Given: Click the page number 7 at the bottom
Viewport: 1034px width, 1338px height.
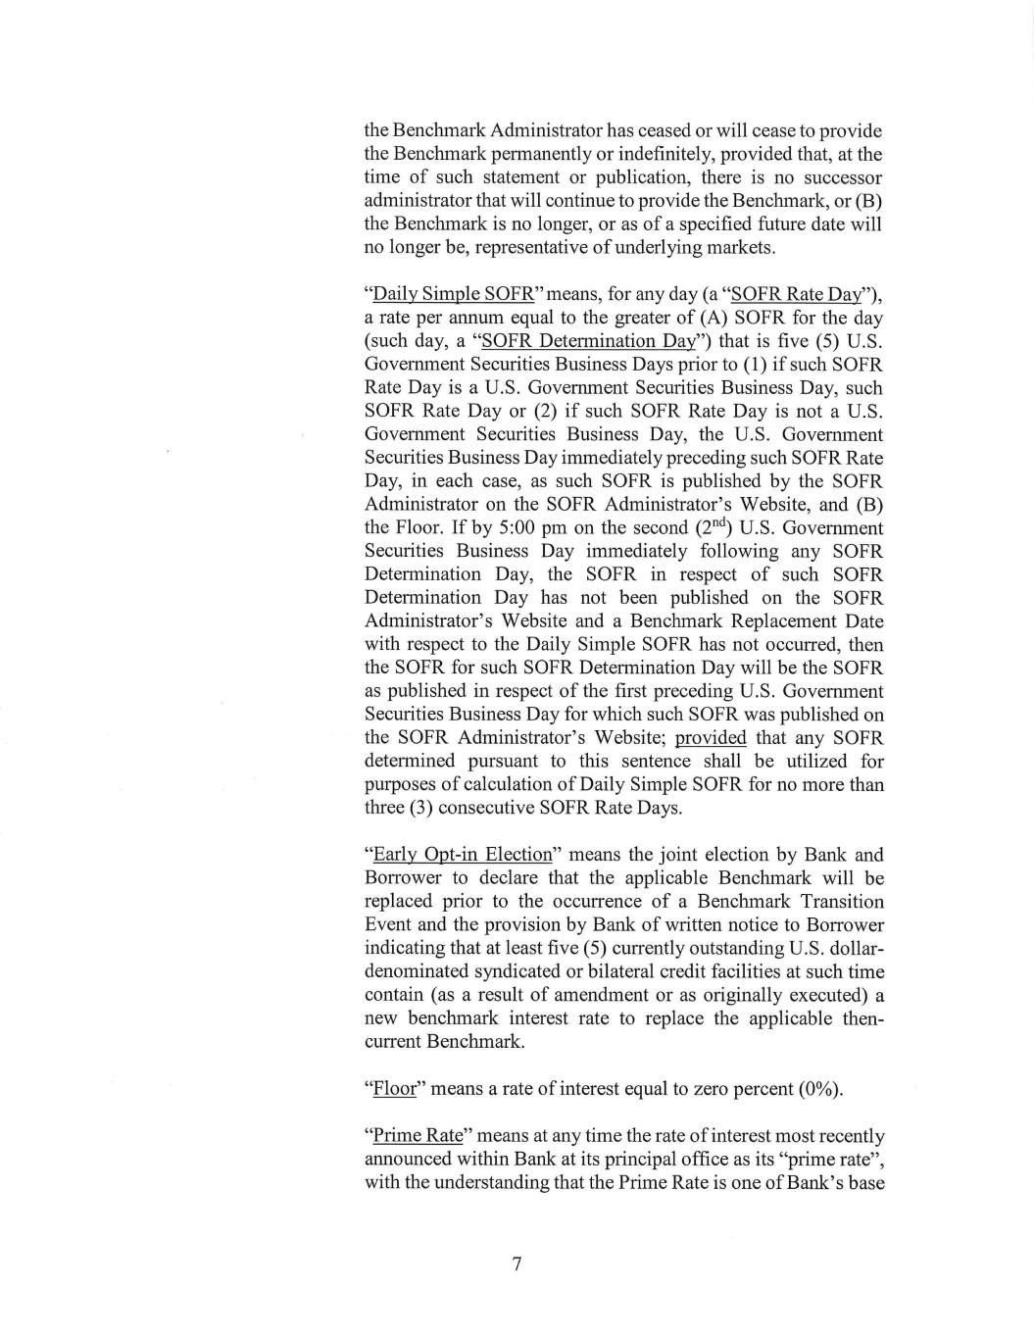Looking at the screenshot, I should (x=517, y=1264).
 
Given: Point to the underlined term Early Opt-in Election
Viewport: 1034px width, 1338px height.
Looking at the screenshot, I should (x=461, y=854).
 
